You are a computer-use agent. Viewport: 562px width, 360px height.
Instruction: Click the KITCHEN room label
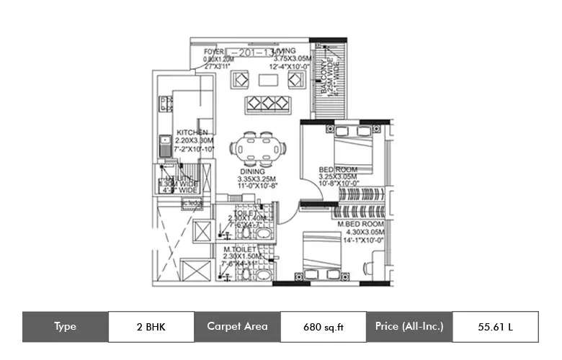point(192,132)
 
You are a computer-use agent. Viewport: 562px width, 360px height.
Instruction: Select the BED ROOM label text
point(338,170)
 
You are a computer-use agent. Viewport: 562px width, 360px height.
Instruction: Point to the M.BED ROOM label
point(362,225)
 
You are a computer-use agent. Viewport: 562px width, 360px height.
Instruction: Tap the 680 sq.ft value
point(322,326)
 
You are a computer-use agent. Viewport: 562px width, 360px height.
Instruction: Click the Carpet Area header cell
point(237,326)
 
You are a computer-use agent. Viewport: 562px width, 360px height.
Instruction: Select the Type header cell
point(65,326)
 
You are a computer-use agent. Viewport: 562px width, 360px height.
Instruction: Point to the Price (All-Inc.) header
point(409,326)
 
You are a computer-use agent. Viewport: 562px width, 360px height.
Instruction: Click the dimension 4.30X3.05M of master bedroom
point(363,233)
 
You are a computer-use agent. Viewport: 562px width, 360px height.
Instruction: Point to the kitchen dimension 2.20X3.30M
point(192,141)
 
